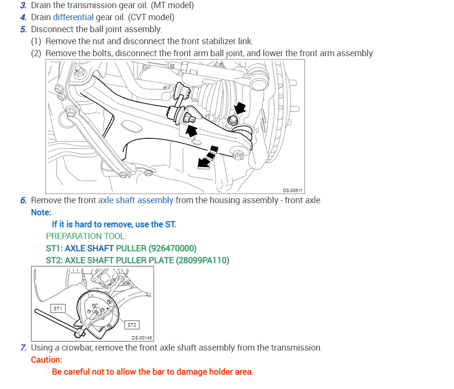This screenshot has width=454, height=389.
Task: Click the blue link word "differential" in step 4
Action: click(73, 17)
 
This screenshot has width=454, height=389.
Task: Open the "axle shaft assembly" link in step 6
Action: click(136, 200)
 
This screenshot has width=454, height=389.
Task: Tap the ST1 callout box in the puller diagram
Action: click(58, 308)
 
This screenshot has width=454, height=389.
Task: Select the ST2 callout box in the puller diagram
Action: click(132, 325)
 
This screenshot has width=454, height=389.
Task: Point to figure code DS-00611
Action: click(292, 190)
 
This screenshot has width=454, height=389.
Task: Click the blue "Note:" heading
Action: click(41, 212)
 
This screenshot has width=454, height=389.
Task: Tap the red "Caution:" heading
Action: click(47, 360)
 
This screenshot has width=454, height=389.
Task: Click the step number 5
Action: click(23, 29)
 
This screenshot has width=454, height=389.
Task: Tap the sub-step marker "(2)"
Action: click(36, 53)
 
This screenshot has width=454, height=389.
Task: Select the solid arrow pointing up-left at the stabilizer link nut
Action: click(191, 130)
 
